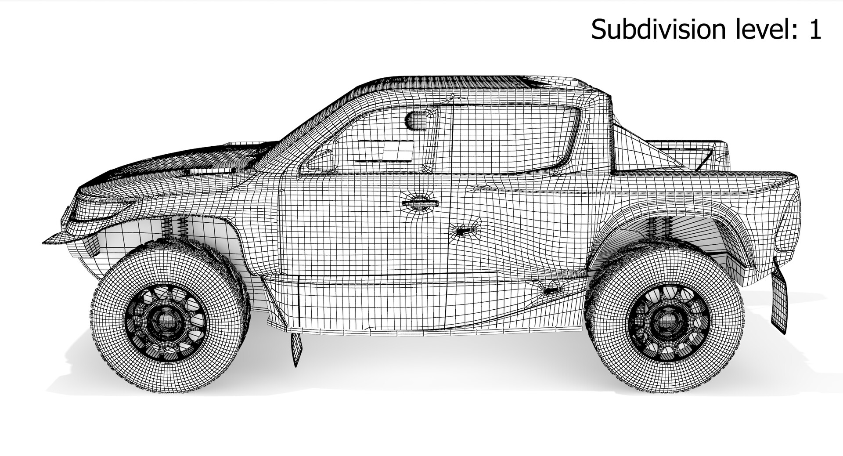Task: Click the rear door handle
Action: tap(463, 230)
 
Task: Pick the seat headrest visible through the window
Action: tap(417, 121)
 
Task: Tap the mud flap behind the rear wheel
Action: tap(780, 301)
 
